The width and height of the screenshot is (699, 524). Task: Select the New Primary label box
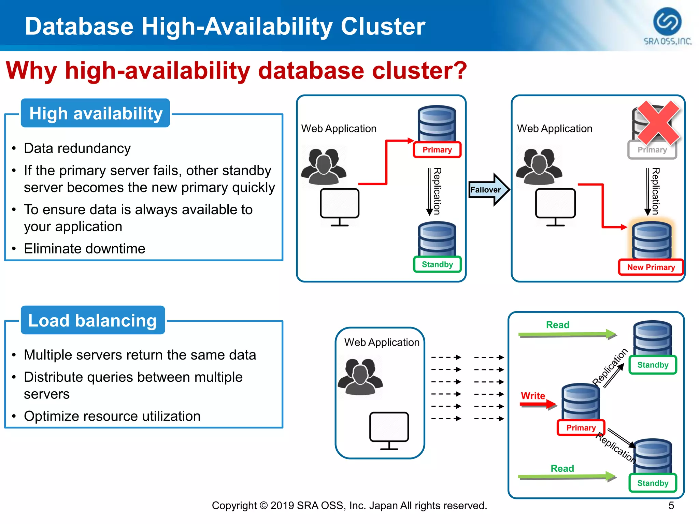[x=651, y=267]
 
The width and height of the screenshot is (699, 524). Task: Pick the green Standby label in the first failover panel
[x=437, y=264]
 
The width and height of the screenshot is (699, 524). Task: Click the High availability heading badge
[x=96, y=113]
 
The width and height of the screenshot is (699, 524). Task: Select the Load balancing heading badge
[x=93, y=320]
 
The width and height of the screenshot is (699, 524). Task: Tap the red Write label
[x=533, y=396]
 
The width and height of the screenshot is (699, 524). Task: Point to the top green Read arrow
[x=567, y=334]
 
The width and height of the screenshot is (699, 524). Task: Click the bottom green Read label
[x=562, y=468]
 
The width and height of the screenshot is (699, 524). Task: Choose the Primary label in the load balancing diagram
[x=581, y=428]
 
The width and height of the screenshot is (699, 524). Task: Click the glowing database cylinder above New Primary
[x=651, y=240]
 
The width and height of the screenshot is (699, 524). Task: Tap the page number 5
[x=671, y=506]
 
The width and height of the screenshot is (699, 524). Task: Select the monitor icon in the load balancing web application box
[x=389, y=430]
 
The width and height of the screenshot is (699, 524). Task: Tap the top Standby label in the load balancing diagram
[x=653, y=365]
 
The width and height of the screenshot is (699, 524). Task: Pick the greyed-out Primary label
[x=652, y=150]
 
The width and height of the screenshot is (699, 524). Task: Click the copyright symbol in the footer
[x=263, y=506]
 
